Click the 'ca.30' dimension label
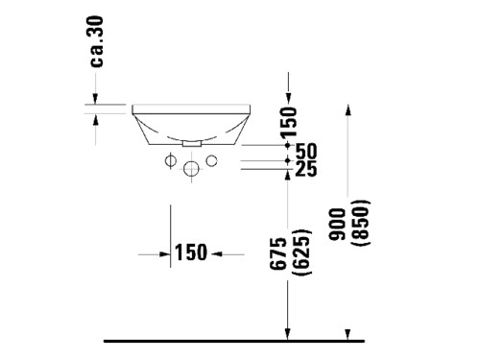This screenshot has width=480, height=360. click(x=97, y=41)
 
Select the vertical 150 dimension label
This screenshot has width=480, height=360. click(x=289, y=123)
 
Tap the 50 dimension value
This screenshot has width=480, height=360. click(x=306, y=151)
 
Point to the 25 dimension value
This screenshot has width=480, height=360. click(x=306, y=168)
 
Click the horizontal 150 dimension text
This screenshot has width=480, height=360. click(x=191, y=252)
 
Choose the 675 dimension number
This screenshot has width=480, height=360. click(x=277, y=253)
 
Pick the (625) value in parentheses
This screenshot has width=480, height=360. click(x=302, y=252)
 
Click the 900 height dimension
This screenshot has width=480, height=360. click(x=338, y=224)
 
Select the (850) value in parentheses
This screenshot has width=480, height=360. click(x=361, y=223)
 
